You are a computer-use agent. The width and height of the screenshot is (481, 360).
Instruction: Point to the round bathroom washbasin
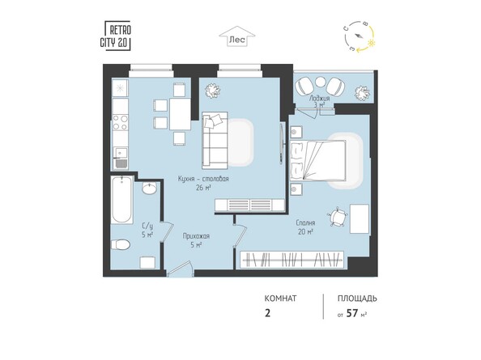pyautogui.click(x=150, y=188)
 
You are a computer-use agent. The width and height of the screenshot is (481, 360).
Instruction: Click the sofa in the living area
pyautogui.click(x=215, y=139)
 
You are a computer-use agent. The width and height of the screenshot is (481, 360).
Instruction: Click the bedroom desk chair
pyautogui.click(x=333, y=218)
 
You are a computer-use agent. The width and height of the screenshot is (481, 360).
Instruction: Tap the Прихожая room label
pyautogui.click(x=197, y=236)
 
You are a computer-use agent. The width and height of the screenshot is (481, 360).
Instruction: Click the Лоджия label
pyautogui.click(x=320, y=98)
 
